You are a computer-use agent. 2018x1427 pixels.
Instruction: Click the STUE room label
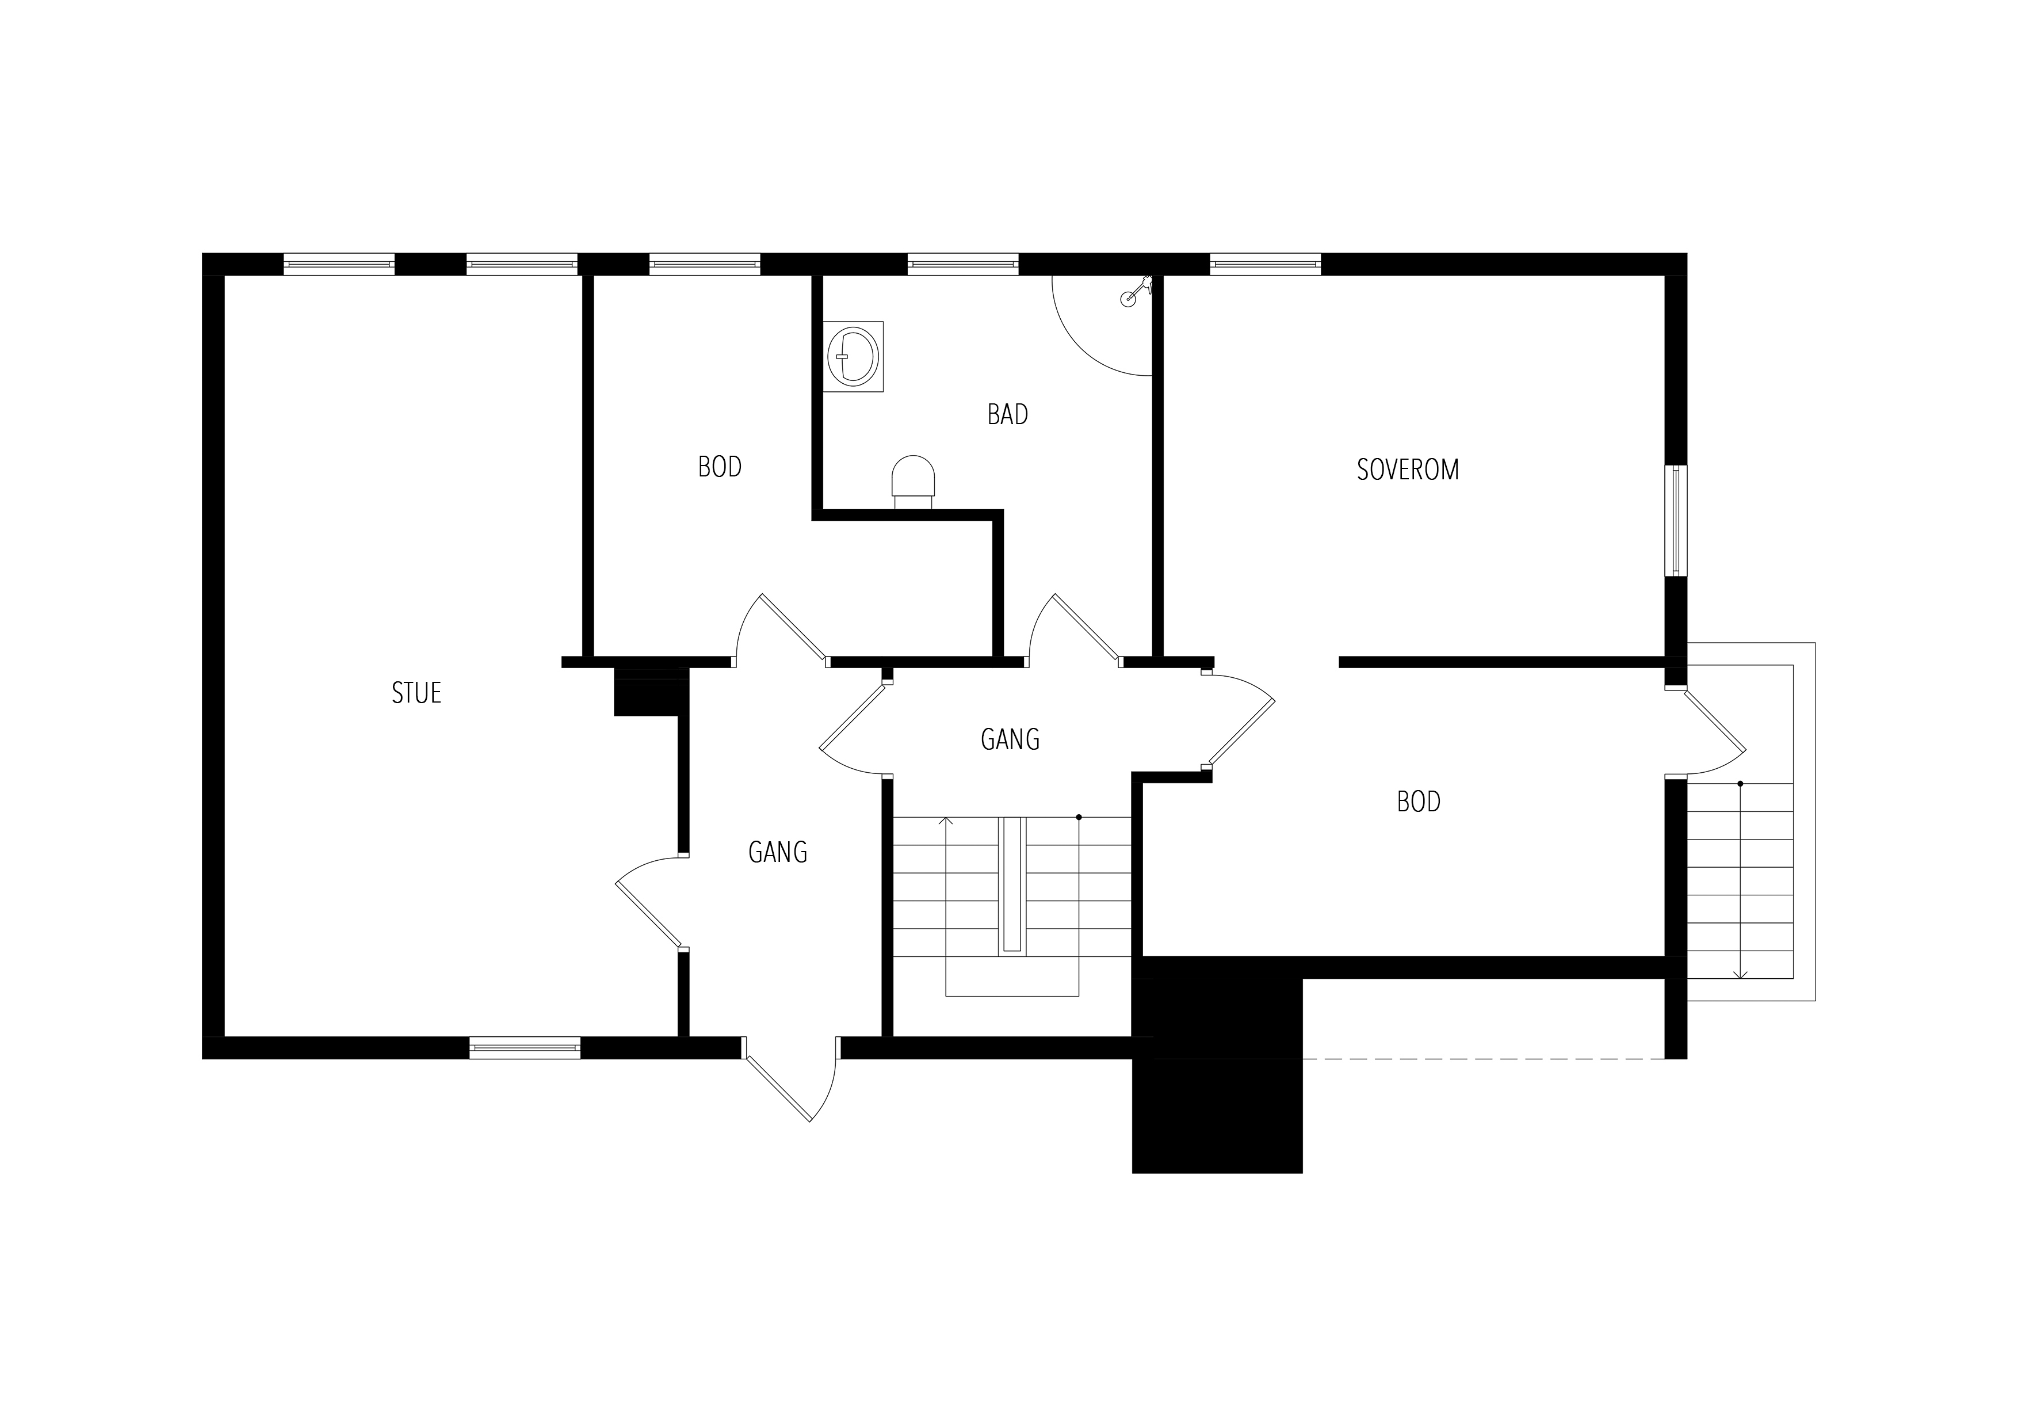click(416, 694)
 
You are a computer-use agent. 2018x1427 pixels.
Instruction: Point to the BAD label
click(1007, 415)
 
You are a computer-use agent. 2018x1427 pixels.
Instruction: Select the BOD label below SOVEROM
click(1419, 802)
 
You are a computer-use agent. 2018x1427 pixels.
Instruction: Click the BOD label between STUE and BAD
click(720, 467)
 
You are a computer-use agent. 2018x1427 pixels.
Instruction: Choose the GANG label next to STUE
click(778, 852)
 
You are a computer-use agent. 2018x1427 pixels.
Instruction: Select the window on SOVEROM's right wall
click(1676, 521)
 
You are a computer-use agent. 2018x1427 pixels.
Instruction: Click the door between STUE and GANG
click(651, 904)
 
